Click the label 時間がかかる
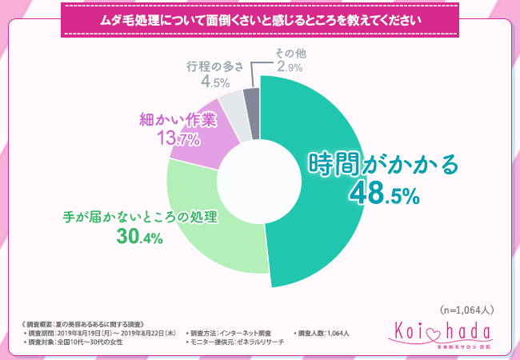point(383,164)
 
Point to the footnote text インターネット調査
point(244,332)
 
